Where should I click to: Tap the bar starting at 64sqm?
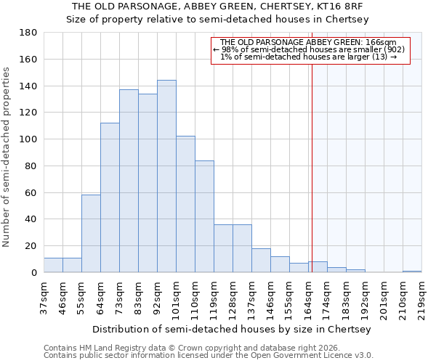pyautogui.click(x=110, y=197)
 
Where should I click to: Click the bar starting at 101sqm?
pyautogui.click(x=185, y=204)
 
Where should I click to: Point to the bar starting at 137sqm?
pyautogui.click(x=261, y=261)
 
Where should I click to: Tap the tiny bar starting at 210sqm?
pyautogui.click(x=412, y=272)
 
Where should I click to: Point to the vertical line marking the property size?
pyautogui.click(x=312, y=167)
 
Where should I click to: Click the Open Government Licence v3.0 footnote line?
pyautogui.click(x=209, y=355)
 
